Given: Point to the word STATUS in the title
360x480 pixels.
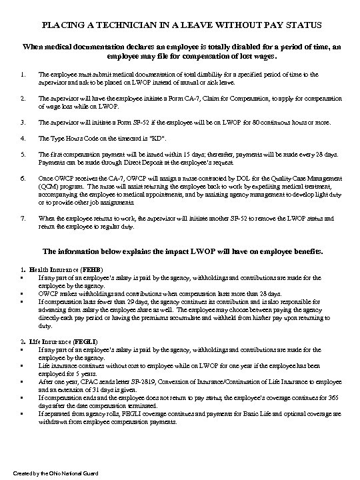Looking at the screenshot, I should coord(300,25).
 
